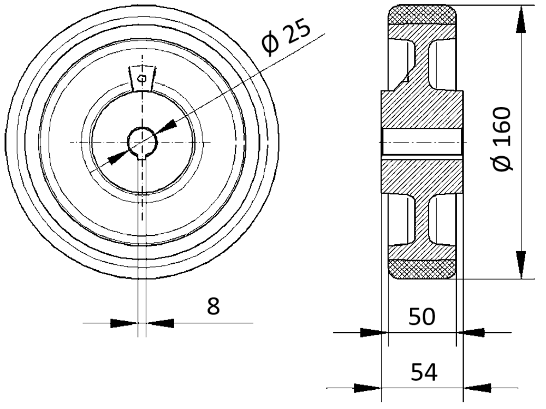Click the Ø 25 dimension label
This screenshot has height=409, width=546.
pos(286,37)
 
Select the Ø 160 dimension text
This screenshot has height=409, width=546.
pos(502,139)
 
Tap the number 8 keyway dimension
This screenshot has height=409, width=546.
pos(213,306)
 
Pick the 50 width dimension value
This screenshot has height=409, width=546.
pos(422,317)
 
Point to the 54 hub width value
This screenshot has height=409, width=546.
pos(424,372)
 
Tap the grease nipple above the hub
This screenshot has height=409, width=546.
pos(142,78)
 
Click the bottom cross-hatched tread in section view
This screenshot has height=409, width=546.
pos(422,269)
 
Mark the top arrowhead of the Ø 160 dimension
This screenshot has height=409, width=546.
pos(521,20)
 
